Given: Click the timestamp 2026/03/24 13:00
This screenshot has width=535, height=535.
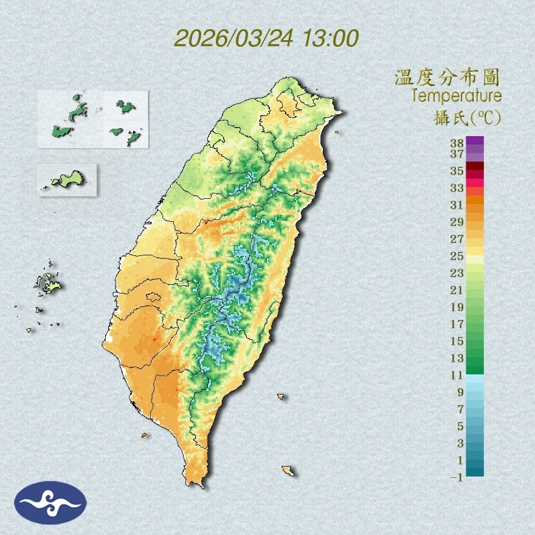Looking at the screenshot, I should [266, 38].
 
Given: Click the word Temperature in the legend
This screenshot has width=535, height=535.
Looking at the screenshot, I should [456, 95].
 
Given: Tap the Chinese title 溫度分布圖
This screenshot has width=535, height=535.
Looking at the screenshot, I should [447, 77].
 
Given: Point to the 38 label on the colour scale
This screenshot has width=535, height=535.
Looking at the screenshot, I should [457, 143].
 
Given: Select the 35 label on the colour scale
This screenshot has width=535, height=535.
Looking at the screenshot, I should [457, 171].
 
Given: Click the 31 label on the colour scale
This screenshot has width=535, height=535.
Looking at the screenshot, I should [457, 204].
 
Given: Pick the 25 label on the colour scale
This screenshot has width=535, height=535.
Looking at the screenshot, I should [457, 255].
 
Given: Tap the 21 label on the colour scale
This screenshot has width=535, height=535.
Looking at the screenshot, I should [457, 289].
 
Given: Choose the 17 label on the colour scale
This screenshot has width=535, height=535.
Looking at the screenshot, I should [457, 324].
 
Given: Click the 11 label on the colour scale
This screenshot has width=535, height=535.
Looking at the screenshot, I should [457, 375].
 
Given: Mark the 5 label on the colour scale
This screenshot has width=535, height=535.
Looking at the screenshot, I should [460, 426].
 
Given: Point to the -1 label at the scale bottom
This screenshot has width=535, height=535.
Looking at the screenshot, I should [457, 477].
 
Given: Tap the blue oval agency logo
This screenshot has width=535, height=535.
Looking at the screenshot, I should [51, 502].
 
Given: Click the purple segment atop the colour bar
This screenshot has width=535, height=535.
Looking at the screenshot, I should [475, 141].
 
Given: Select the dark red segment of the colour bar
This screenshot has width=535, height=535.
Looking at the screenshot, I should [475, 167].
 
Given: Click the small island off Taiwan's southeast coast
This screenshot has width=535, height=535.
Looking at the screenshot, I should [288, 471].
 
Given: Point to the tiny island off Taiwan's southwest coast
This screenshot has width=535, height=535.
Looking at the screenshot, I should [144, 435].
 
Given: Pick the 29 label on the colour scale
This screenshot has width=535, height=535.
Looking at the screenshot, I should [457, 221].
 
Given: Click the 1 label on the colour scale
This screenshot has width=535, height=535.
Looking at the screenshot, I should [460, 460].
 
